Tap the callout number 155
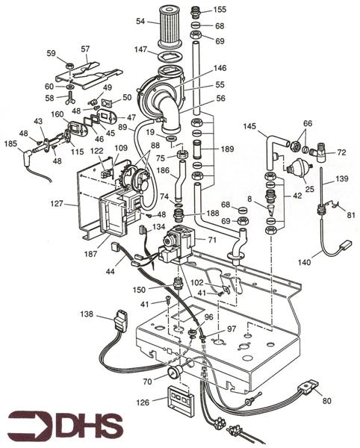click(220, 10)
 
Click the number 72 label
click(343, 152)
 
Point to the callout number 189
click(228, 149)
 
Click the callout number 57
click(85, 49)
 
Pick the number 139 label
click(342, 180)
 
